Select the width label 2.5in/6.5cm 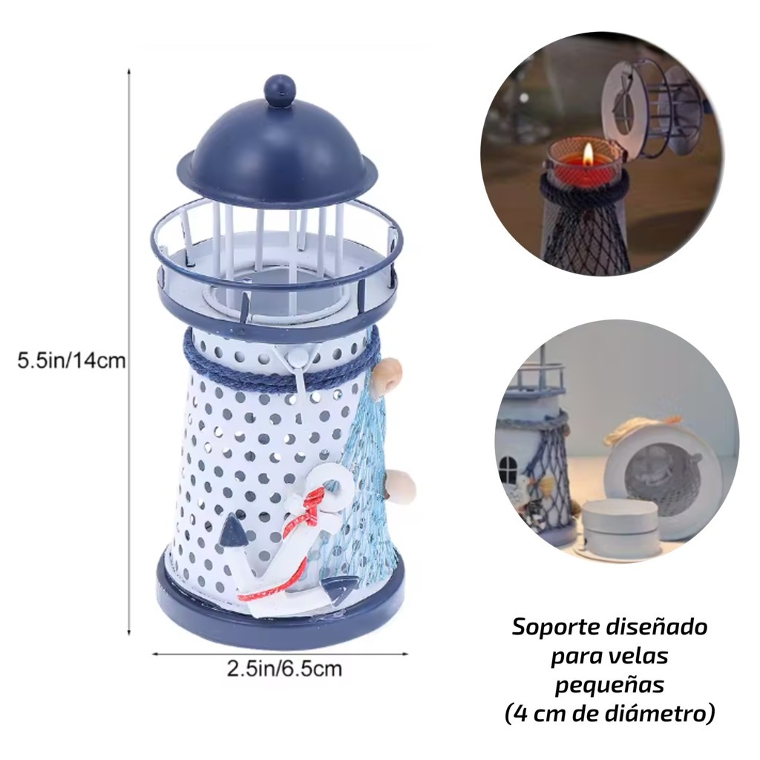tap(284, 669)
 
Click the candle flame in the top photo tap(589, 153)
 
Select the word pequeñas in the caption tap(609, 686)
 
